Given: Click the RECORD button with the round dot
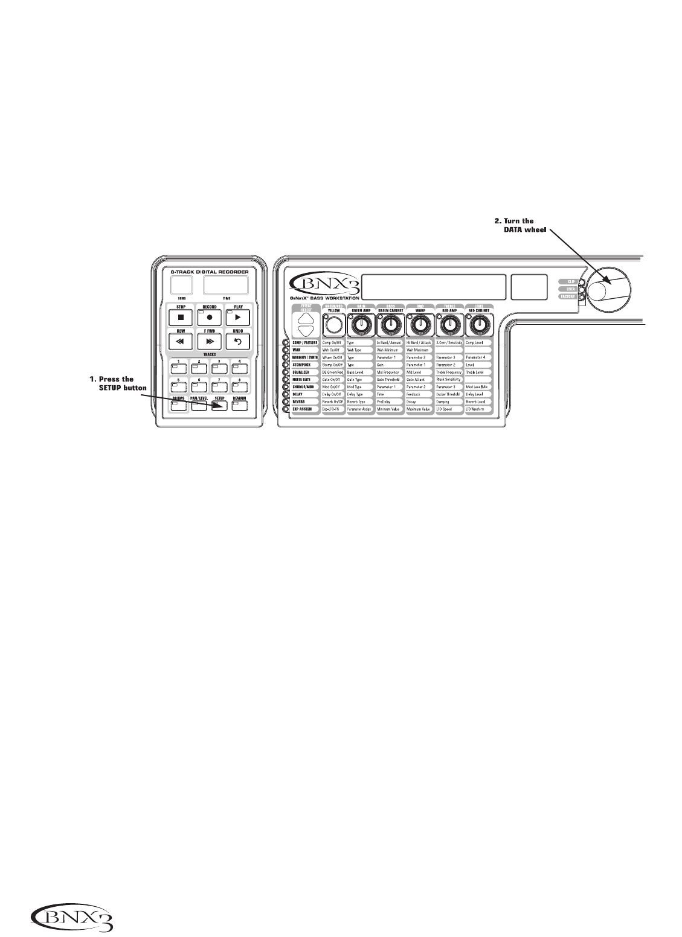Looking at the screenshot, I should coord(209,316).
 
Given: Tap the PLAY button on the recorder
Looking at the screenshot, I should coord(238,316).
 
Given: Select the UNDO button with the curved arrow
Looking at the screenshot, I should coord(238,341).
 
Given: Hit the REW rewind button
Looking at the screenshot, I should coord(179,341).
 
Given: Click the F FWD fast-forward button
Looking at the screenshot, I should coord(209,341).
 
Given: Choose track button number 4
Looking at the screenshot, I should coord(240,368).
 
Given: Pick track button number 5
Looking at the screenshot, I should coord(179,386).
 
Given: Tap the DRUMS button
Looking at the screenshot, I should coord(179,406).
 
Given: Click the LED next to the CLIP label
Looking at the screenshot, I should coord(581,281).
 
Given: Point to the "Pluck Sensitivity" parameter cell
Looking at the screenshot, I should coord(449,379).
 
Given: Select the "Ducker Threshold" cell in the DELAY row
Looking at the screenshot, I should coord(449,394).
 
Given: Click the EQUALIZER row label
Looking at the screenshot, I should coord(305,372).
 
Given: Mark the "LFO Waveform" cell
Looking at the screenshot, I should coord(478,409).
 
